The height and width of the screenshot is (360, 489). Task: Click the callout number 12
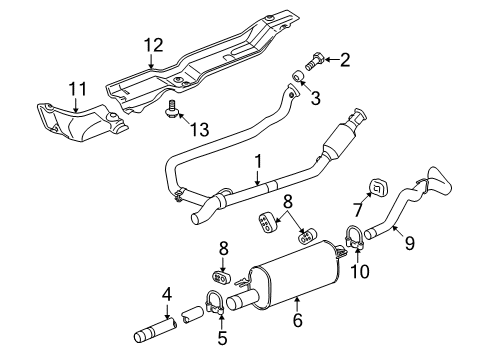pyautogui.click(x=151, y=45)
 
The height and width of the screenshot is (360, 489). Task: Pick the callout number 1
pyautogui.click(x=258, y=159)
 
